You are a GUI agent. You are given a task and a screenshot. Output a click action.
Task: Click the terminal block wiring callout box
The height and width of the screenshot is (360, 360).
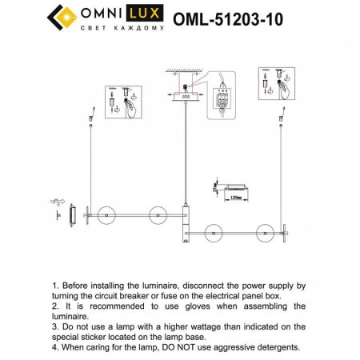click(x=222, y=95)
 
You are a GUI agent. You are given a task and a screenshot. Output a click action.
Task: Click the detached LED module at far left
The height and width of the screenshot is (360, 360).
click(x=72, y=214)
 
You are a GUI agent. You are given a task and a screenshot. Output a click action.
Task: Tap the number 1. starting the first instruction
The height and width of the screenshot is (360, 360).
click(x=55, y=285)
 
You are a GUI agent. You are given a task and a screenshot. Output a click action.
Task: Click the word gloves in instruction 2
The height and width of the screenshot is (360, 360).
click(x=200, y=306)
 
